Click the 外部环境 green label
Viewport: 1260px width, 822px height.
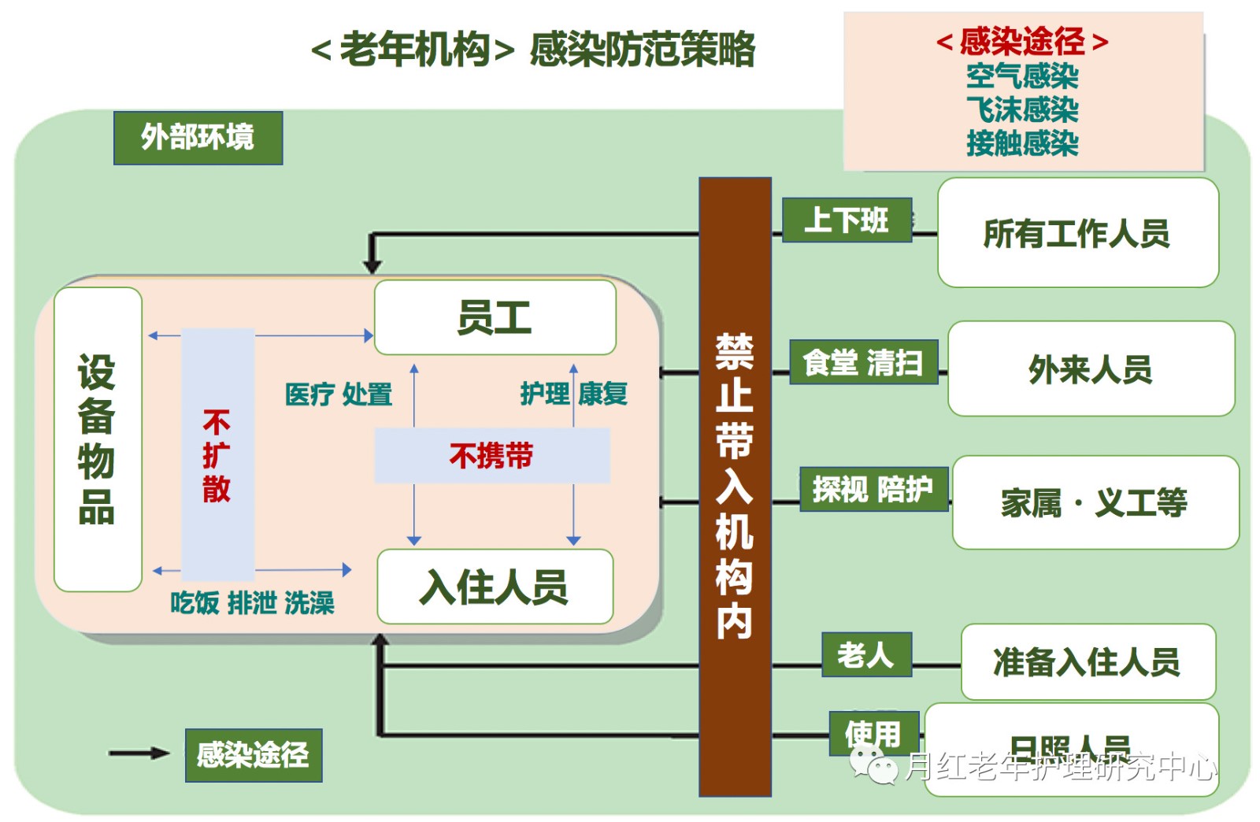tap(198, 138)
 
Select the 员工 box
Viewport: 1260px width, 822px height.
tap(495, 317)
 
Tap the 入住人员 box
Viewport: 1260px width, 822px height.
tap(495, 587)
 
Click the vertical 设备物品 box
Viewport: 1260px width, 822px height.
tap(98, 439)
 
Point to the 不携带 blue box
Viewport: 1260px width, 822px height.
tap(491, 455)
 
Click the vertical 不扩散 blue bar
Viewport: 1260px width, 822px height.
tap(217, 454)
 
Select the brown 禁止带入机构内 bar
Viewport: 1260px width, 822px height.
tap(735, 486)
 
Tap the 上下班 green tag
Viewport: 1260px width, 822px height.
tap(847, 220)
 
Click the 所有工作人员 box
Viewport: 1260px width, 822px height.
tap(1077, 233)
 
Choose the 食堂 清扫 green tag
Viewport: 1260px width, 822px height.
tap(863, 362)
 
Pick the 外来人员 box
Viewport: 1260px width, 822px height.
tap(1091, 368)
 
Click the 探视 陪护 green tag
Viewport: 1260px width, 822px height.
tap(873, 489)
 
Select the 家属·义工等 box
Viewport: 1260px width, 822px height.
tap(1095, 502)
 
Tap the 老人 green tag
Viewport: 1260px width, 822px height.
tap(866, 654)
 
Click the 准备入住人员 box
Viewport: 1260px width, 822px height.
tap(1088, 661)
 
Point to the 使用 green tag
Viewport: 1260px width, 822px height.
tap(873, 733)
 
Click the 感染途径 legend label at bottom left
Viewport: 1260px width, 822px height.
tap(253, 755)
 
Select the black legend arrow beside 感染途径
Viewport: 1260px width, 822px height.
tap(139, 753)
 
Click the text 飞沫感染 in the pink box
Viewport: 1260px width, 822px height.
tap(1022, 109)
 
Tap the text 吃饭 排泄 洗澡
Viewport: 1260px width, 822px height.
tap(252, 603)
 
